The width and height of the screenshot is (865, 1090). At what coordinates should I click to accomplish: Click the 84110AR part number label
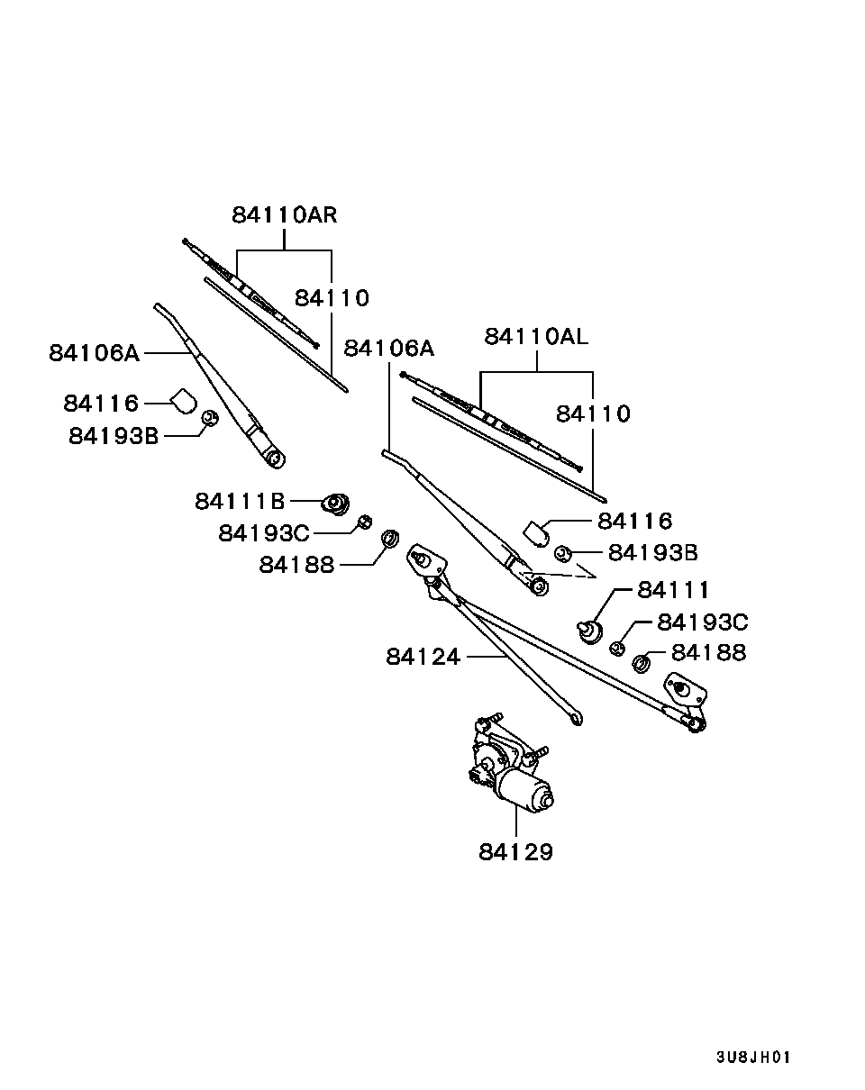pos(284,215)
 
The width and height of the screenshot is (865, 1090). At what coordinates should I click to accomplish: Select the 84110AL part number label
pos(536,337)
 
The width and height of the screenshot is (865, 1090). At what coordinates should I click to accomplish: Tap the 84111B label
pos(240,500)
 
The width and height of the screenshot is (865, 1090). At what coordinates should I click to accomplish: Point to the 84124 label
pos(423,658)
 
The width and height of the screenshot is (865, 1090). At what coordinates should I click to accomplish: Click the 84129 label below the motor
pos(515,851)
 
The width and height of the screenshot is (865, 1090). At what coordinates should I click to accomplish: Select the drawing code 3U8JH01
pos(753,1057)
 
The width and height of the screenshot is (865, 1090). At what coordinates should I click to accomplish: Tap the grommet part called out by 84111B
pos(337,503)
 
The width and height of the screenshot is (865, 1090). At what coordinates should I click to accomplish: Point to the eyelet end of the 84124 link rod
pos(576,718)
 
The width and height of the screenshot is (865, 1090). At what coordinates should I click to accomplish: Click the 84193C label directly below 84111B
pos(263,533)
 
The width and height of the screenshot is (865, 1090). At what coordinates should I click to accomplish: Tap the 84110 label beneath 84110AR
pos(332,297)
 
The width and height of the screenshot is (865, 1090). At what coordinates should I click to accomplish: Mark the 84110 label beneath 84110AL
pos(593,413)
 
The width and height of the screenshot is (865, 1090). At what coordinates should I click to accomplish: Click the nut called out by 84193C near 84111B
pos(365,522)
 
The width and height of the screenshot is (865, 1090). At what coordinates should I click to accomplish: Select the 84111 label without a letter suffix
pos(673,590)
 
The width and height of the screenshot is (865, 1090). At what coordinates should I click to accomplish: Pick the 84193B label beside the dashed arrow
pos(652,552)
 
